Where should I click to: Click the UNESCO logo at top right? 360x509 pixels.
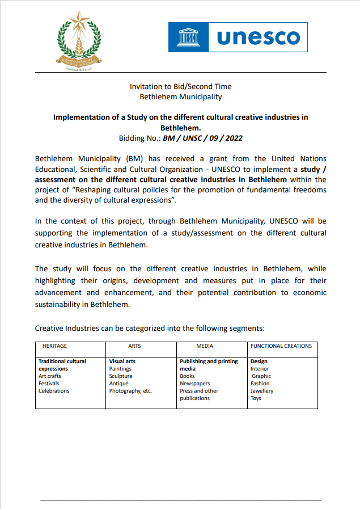[238, 37]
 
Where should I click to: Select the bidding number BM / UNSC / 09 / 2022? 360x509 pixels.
[203, 138]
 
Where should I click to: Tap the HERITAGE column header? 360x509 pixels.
[55, 346]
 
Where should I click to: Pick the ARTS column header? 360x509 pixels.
[134, 346]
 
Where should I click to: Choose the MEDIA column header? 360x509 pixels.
[205, 346]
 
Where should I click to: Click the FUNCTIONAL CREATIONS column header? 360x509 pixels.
[281, 346]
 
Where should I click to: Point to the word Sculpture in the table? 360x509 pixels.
[121, 376]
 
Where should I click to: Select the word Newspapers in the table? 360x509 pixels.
[195, 384]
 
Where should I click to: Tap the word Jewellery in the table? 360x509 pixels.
[262, 391]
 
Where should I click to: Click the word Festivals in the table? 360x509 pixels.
[49, 384]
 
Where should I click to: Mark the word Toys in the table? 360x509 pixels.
[256, 398]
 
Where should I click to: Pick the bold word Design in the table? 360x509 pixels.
[259, 361]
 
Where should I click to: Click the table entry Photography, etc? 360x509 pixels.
[130, 391]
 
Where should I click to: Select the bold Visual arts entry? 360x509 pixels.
[122, 361]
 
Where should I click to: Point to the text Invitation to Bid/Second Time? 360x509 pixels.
[180, 87]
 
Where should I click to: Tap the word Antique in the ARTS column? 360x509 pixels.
[119, 384]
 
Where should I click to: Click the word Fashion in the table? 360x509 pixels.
[260, 384]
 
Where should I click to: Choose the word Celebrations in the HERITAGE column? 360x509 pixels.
[54, 391]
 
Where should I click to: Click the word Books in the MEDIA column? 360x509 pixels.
[187, 376]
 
